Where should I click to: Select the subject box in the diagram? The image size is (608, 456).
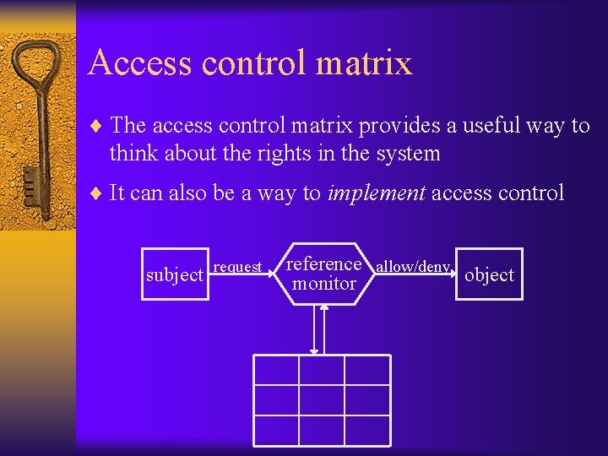click(175, 274)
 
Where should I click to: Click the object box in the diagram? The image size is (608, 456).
click(489, 274)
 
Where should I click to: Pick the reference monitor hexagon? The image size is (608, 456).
click(324, 274)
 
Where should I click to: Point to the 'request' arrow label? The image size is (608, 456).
click(237, 267)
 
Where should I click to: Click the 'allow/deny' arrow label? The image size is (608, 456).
click(412, 267)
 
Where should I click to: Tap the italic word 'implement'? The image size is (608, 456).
click(377, 193)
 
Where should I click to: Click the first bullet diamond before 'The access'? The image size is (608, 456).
click(95, 127)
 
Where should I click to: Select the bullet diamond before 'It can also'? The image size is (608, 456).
click(95, 193)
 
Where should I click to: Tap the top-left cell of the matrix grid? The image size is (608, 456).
click(276, 370)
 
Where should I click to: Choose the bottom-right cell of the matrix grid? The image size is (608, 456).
click(367, 427)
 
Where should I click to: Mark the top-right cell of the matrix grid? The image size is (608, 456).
click(367, 370)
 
